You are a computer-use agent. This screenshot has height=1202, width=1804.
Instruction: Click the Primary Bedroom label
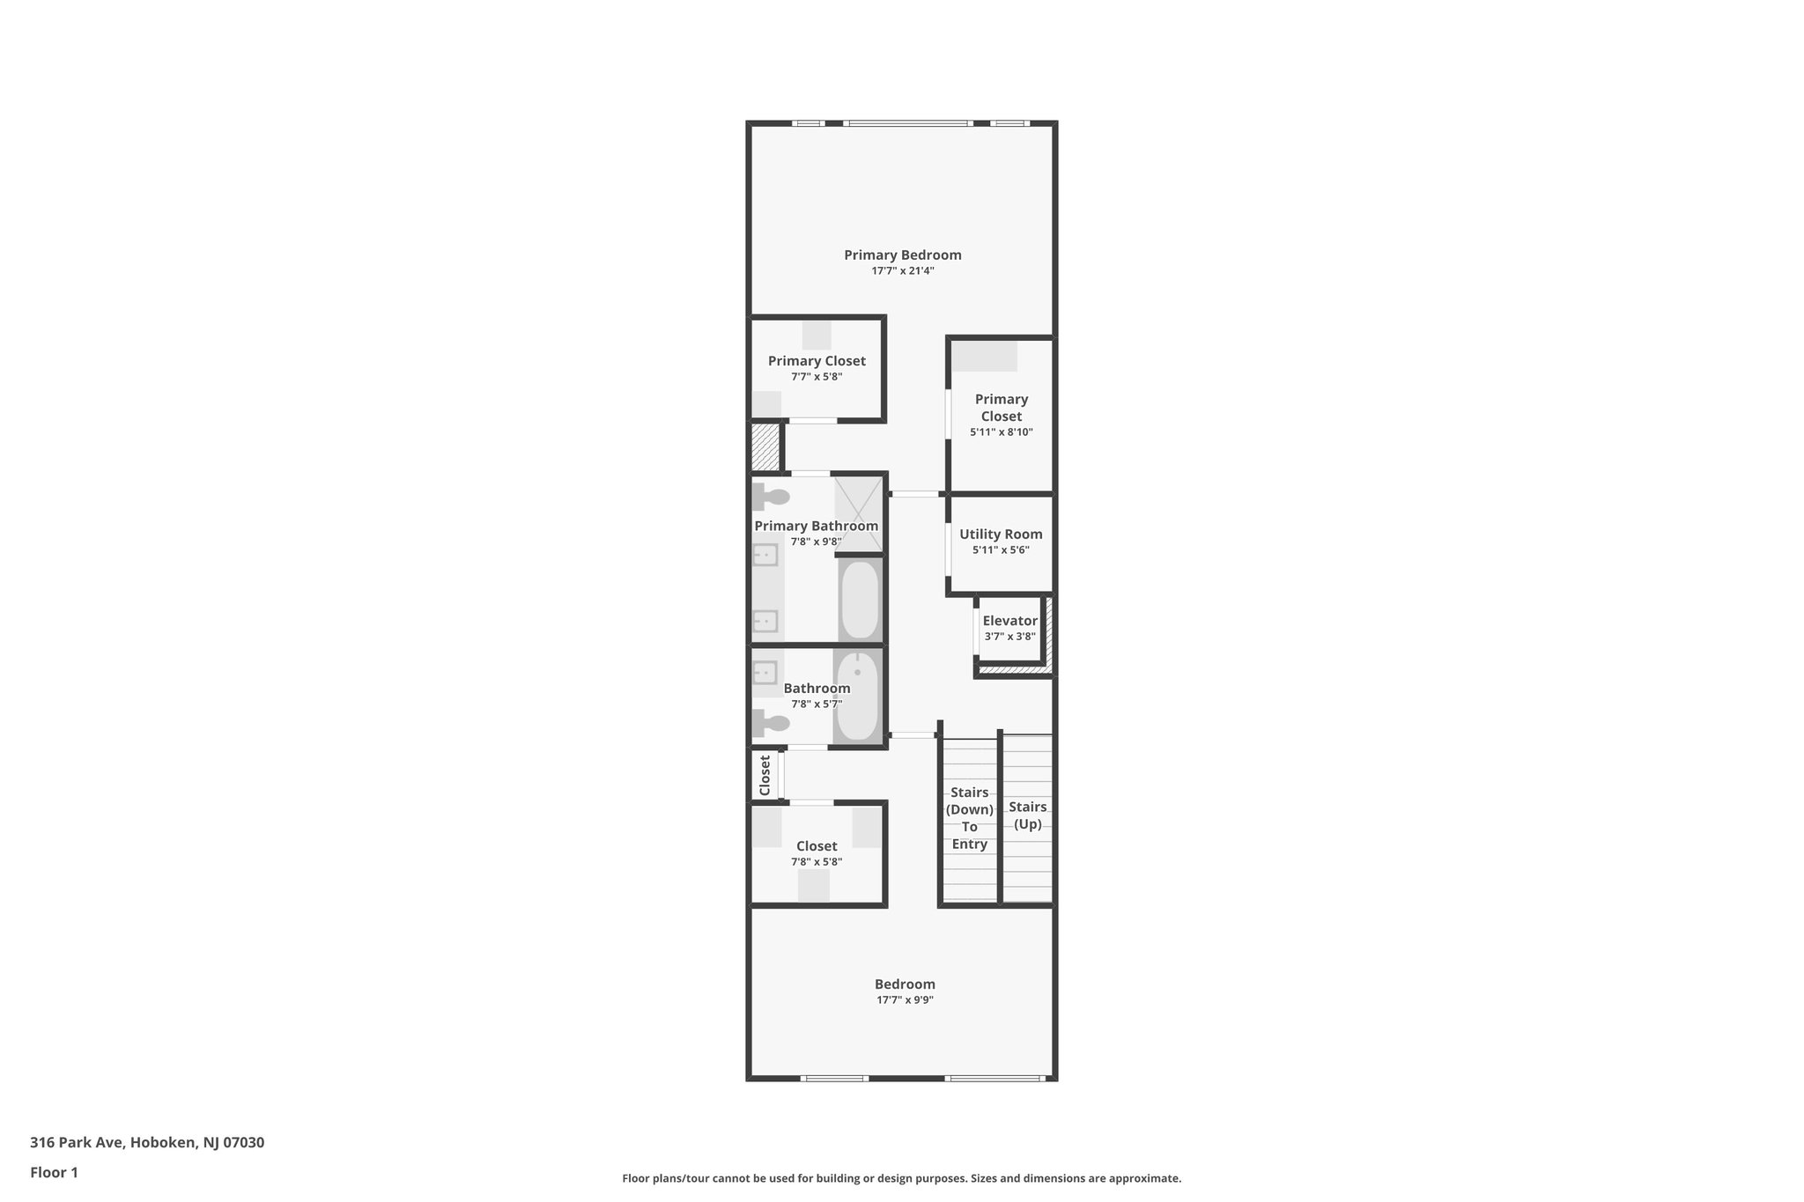pyautogui.click(x=902, y=255)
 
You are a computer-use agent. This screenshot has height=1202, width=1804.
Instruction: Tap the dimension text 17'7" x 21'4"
pyautogui.click(x=902, y=271)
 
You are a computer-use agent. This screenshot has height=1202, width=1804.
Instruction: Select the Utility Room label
pyautogui.click(x=1001, y=535)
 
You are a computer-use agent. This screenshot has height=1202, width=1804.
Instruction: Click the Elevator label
pyautogui.click(x=1009, y=621)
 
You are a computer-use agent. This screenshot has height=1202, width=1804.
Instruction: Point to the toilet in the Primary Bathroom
pyautogui.click(x=771, y=497)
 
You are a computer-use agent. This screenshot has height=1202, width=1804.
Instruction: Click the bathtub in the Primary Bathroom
pyautogui.click(x=859, y=600)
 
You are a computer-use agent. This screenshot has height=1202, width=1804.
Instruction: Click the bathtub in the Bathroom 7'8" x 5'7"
pyautogui.click(x=857, y=696)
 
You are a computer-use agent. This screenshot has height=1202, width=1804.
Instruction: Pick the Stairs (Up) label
pyautogui.click(x=1027, y=815)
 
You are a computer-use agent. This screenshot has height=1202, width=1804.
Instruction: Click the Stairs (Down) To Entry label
pyautogui.click(x=969, y=818)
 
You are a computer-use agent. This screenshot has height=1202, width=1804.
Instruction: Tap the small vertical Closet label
pyautogui.click(x=765, y=775)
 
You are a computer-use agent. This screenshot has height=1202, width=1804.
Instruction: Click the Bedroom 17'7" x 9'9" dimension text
pyautogui.click(x=905, y=1000)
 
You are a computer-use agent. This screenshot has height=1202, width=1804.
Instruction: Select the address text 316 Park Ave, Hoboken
pyautogui.click(x=147, y=1143)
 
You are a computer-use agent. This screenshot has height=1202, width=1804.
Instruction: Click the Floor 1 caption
pyautogui.click(x=54, y=1172)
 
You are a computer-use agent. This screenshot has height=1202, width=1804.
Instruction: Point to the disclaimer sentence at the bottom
pyautogui.click(x=901, y=1178)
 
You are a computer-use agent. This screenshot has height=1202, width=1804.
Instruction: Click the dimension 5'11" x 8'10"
pyautogui.click(x=1001, y=432)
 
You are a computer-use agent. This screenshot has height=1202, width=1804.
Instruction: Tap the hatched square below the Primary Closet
pyautogui.click(x=765, y=447)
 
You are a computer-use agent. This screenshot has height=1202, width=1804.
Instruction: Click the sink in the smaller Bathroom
pyautogui.click(x=765, y=673)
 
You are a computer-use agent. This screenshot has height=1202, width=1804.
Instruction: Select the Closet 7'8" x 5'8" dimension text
pyautogui.click(x=817, y=862)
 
